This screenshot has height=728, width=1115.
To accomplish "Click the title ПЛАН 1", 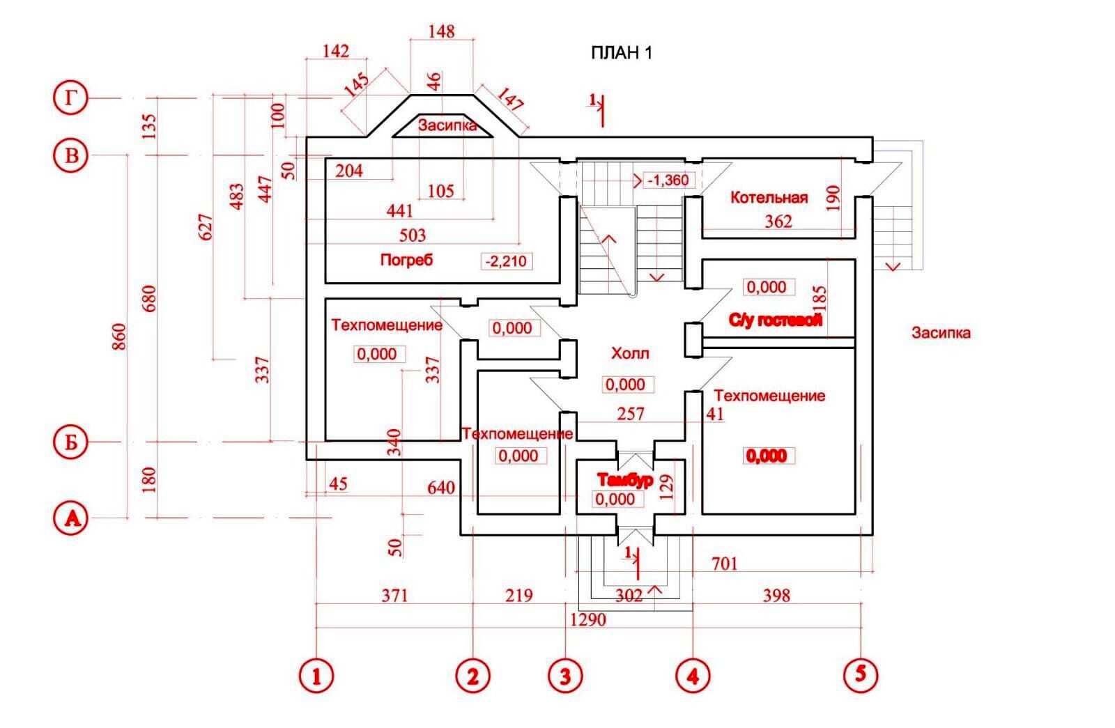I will (x=621, y=53).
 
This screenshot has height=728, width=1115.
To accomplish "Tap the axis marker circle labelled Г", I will (x=70, y=99).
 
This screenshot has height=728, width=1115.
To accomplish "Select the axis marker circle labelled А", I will (x=70, y=518).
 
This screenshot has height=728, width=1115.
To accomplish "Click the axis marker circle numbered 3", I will (x=565, y=675).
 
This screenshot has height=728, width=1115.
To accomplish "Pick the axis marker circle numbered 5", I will (x=861, y=674).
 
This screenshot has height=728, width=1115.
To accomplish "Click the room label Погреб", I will (x=406, y=260).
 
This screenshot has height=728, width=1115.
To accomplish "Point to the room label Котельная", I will (x=769, y=198).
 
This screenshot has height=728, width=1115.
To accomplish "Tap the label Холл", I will (x=630, y=353).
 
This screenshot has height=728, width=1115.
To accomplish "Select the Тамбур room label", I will (x=625, y=479).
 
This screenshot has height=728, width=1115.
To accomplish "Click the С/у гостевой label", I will (x=775, y=320).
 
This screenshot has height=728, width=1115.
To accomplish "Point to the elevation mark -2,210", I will (x=507, y=262).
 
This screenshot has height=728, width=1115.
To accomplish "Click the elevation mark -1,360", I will (x=668, y=180).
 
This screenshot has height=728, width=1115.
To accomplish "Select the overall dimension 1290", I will (x=588, y=619).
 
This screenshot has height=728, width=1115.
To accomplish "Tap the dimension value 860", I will (x=119, y=336).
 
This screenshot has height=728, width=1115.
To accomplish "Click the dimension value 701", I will (x=724, y=563).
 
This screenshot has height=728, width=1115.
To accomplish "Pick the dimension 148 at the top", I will (x=442, y=31).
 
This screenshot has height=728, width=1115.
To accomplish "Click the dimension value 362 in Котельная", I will (x=778, y=222).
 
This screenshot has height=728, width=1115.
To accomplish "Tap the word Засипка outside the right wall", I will (x=941, y=333).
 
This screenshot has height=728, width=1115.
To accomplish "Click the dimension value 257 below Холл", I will (x=631, y=414).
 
